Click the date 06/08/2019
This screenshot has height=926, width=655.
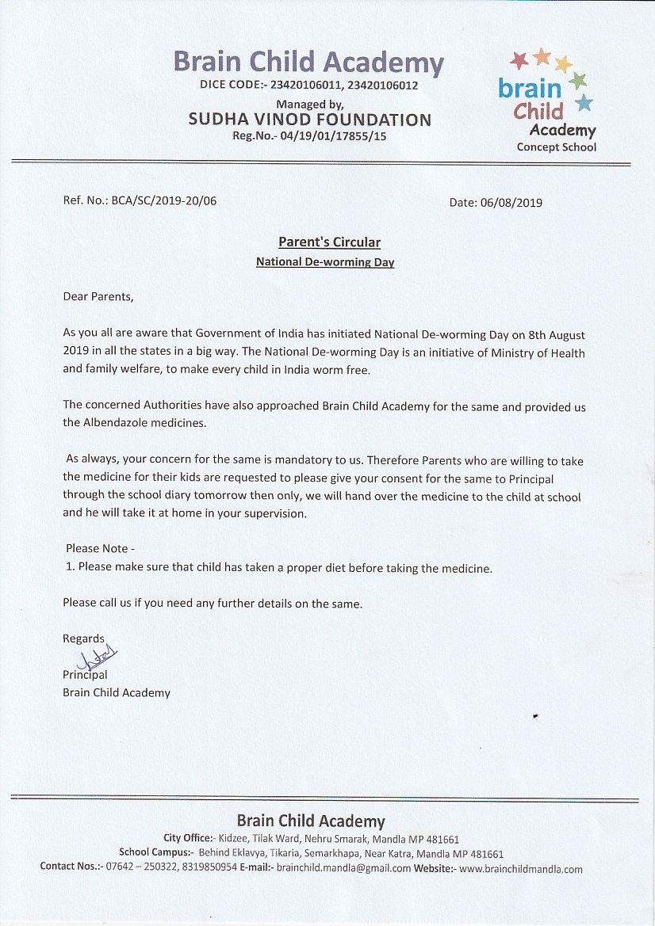(511, 202)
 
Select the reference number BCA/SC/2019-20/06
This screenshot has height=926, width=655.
(163, 200)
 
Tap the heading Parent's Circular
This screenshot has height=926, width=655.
(329, 242)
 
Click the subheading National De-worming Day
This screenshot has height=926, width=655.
(325, 261)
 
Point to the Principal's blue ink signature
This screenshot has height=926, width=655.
(97, 657)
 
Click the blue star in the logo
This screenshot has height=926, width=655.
(584, 102)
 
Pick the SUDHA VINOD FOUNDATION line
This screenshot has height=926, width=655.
(310, 120)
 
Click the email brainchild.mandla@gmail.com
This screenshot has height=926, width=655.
(343, 868)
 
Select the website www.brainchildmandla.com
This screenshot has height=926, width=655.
(521, 868)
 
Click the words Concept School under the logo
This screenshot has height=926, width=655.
(556, 147)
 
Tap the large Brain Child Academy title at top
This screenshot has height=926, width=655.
(308, 62)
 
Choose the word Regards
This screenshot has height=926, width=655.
(83, 638)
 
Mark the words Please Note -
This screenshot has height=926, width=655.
(101, 548)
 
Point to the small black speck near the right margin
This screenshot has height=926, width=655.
(536, 715)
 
